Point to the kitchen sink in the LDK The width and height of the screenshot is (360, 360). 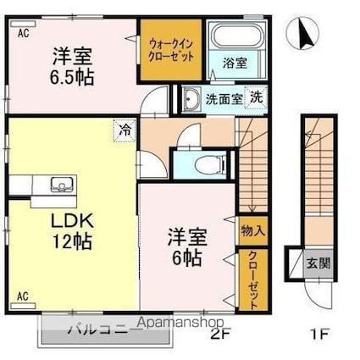(61, 185)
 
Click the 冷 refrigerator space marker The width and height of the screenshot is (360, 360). (125, 130)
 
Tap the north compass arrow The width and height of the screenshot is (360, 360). (306, 34)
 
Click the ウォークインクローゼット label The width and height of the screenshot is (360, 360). (171, 50)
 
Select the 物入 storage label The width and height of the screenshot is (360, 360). (253, 231)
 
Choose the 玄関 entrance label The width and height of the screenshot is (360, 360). (318, 264)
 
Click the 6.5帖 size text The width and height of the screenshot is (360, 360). (72, 78)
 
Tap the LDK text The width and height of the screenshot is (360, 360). (71, 221)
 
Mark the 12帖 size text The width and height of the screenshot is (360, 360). (73, 241)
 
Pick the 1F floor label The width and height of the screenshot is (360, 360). (320, 335)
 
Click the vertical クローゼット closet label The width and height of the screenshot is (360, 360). (253, 280)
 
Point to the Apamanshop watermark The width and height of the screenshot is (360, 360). (181, 322)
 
